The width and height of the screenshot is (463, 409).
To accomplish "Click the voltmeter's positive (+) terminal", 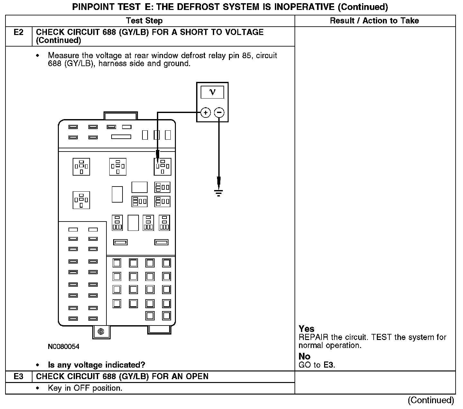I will tap(205, 113).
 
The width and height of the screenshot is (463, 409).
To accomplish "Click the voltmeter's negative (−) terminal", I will tap(219, 113).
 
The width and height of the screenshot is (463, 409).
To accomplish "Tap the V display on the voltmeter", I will tap(212, 92).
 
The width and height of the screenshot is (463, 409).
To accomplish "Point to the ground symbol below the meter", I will tap(219, 193).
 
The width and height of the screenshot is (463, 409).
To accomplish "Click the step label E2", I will tap(19, 32).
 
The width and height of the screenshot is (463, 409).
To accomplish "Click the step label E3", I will tap(19, 377).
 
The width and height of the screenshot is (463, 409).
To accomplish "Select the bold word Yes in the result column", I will tap(306, 329).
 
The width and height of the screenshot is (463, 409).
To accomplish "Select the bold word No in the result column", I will tap(304, 356).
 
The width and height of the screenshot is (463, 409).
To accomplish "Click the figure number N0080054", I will tap(63, 347).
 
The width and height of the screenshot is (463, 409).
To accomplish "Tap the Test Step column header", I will tap(144, 21).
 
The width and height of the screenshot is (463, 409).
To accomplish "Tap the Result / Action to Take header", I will tap(374, 21).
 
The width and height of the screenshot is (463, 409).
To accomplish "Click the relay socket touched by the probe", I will tap(162, 167).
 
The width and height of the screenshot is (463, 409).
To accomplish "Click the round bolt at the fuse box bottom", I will tap(101, 331).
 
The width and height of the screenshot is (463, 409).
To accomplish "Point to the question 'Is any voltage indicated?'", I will tap(96, 365).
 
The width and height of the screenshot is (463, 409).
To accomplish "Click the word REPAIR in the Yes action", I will tap(313, 337).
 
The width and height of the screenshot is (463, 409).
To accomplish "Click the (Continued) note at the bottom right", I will tap(431, 400).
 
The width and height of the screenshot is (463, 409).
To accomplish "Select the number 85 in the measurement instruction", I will tap(246, 56).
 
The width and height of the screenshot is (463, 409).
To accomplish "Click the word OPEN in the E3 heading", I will tap(197, 377).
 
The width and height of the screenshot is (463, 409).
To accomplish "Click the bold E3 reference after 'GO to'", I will tap(329, 365).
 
